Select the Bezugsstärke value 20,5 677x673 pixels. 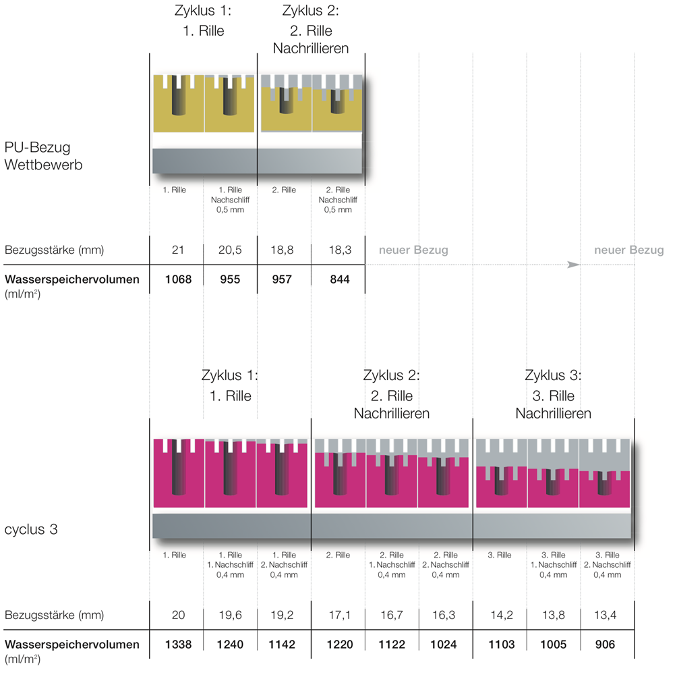pos(231,250)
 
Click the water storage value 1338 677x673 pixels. pos(177,645)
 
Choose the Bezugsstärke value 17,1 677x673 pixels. pos(338,616)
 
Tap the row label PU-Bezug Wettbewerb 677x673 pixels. pos(43,155)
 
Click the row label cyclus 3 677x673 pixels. pos(31,529)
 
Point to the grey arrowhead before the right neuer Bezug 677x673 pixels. pos(574,265)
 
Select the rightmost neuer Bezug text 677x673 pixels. pos(628,250)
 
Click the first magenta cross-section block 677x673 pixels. pos(179,473)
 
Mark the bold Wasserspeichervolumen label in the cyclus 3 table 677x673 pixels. pos(72,645)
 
